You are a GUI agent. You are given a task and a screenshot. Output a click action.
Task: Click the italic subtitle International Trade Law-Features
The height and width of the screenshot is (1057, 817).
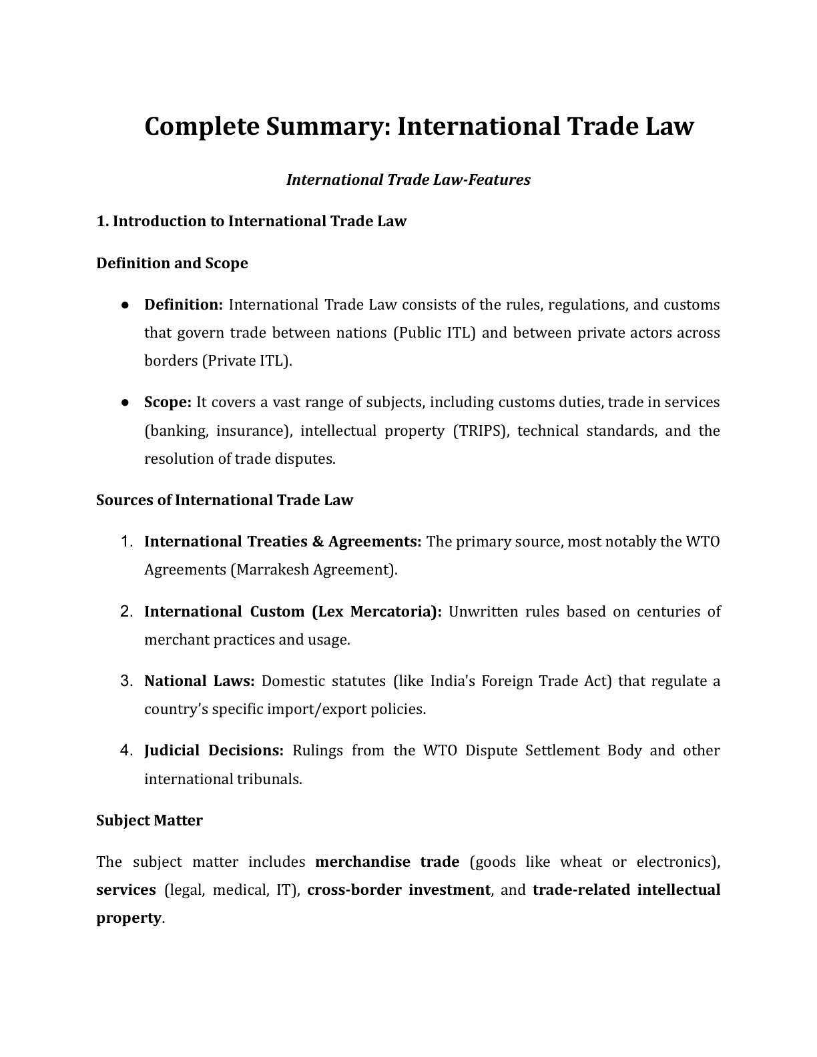(408, 180)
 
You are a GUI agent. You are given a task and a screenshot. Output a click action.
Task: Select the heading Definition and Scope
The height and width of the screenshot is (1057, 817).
(172, 263)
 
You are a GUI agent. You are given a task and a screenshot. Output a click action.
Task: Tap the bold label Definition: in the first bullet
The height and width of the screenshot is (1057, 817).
(184, 305)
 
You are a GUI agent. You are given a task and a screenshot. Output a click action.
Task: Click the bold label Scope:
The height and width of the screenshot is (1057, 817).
(168, 402)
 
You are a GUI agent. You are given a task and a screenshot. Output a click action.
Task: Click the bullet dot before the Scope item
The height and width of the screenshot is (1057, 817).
(125, 402)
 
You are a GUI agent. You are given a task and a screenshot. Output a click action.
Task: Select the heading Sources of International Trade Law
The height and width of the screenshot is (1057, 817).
(224, 500)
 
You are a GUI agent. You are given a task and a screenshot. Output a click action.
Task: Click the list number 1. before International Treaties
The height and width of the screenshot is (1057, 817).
(128, 541)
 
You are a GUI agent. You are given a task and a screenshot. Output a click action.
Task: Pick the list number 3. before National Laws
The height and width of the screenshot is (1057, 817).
(128, 681)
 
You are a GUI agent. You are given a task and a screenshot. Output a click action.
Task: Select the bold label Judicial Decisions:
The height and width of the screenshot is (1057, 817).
(214, 750)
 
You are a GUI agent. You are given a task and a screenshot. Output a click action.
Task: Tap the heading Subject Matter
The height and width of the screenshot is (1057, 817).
(150, 820)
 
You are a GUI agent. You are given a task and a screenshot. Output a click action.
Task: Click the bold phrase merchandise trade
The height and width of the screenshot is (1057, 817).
(387, 861)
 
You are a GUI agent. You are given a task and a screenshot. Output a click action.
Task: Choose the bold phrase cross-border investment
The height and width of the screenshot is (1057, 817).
(398, 890)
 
